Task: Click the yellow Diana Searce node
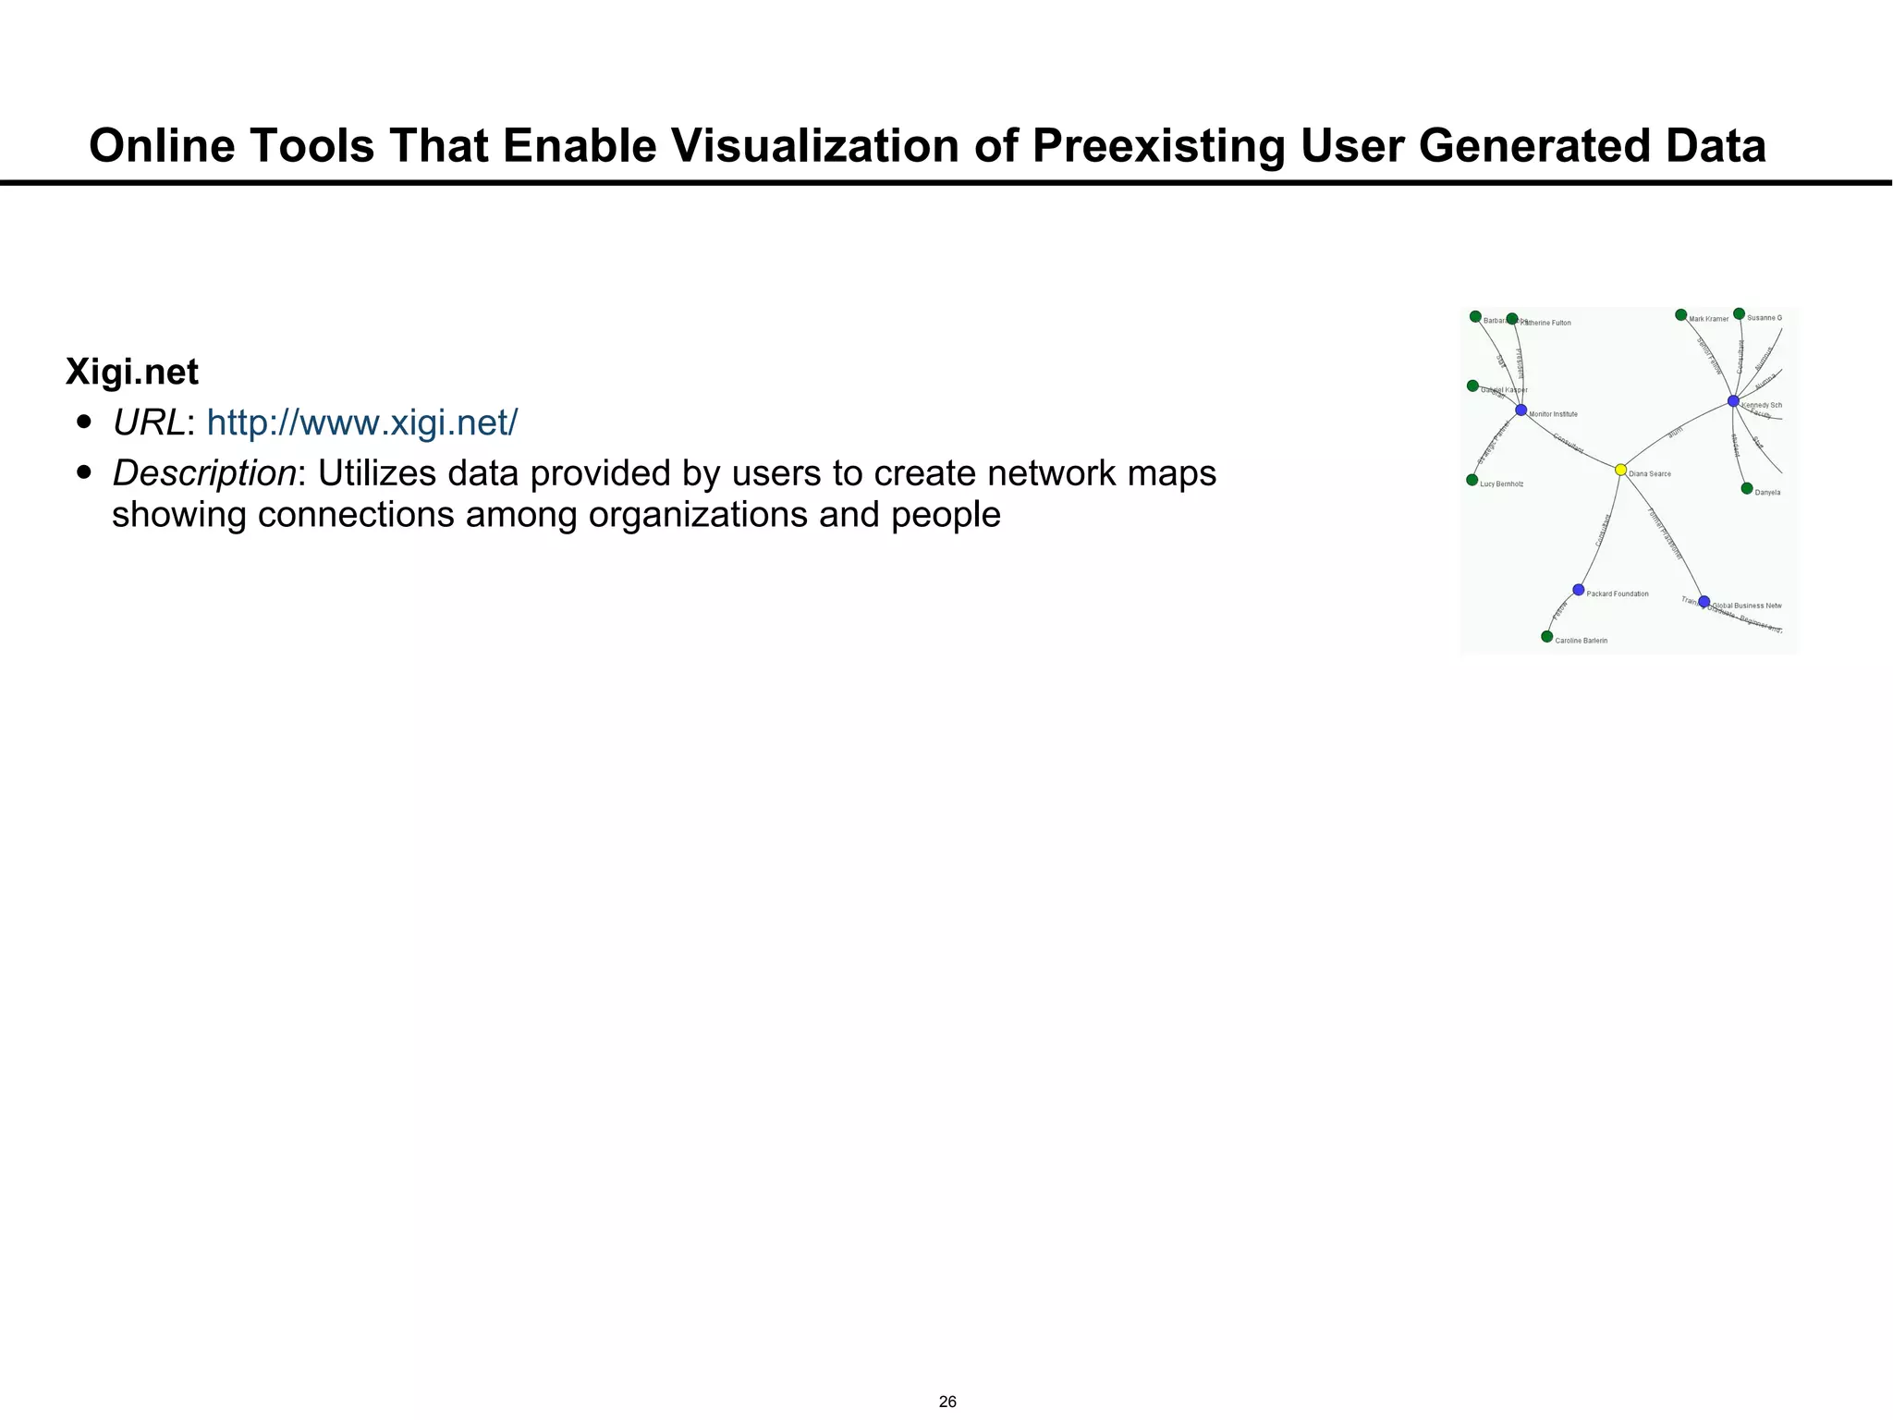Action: pyautogui.click(x=1620, y=470)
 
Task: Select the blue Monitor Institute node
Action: pyautogui.click(x=1521, y=410)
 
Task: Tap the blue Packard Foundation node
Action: pyautogui.click(x=1579, y=590)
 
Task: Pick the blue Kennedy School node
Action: pyautogui.click(x=1733, y=401)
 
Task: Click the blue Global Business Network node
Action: pyautogui.click(x=1704, y=602)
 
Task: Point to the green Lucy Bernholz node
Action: pyautogui.click(x=1472, y=480)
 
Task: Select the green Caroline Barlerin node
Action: pyautogui.click(x=1547, y=636)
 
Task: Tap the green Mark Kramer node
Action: pyautogui.click(x=1681, y=315)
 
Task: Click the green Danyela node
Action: pyautogui.click(x=1747, y=488)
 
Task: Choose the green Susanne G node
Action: pyautogui.click(x=1739, y=314)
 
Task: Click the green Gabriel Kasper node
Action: pyautogui.click(x=1472, y=386)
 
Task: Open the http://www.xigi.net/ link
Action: pyautogui.click(x=362, y=423)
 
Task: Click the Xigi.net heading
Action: pyautogui.click(x=132, y=373)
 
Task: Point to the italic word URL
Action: pyautogui.click(x=149, y=423)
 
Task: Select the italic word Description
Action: pyautogui.click(x=204, y=473)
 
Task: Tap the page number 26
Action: pyautogui.click(x=947, y=1402)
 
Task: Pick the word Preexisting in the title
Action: pyautogui.click(x=1157, y=146)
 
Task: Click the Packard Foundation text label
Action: pyautogui.click(x=1618, y=594)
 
